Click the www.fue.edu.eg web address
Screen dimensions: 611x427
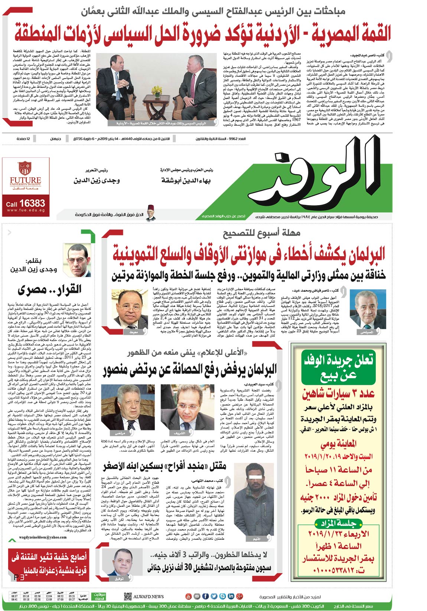click(26, 210)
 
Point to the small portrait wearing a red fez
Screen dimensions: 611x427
click(151, 212)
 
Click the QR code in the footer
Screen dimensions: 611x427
click(128, 596)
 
